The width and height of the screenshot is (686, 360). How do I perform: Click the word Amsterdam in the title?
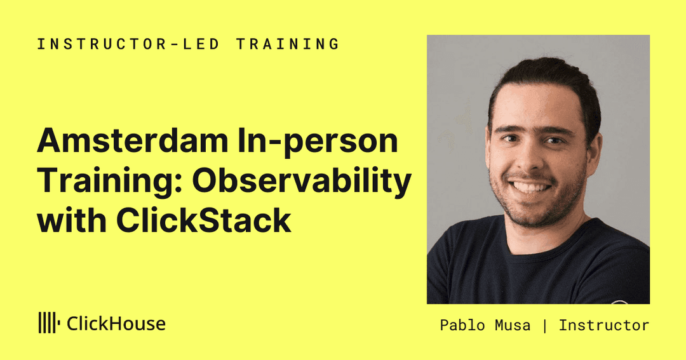133,141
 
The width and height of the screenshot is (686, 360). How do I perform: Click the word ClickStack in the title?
204,220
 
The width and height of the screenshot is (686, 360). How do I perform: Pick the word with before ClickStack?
72,220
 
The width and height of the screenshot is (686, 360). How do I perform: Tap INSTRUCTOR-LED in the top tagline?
128,44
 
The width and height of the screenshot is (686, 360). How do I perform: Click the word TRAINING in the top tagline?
288,44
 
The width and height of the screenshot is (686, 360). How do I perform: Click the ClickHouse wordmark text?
116,324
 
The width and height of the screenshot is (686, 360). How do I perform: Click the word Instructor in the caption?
604,326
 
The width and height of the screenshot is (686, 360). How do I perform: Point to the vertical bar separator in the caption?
545,326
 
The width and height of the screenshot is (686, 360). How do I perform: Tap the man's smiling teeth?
530,188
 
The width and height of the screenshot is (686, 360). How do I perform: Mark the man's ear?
594,151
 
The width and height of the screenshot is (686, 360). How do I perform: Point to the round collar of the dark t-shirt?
551,246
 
